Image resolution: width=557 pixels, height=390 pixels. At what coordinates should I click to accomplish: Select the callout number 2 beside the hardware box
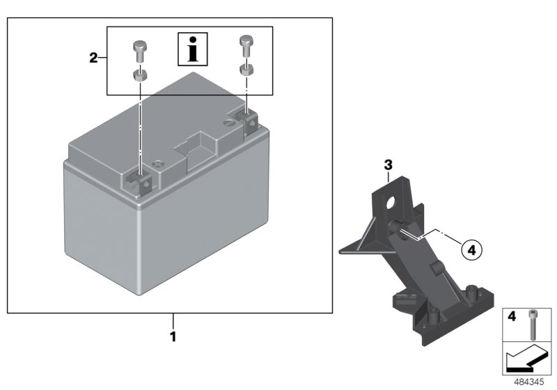pyautogui.click(x=93, y=58)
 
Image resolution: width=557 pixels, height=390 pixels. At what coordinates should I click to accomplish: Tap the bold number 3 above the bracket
pyautogui.click(x=389, y=165)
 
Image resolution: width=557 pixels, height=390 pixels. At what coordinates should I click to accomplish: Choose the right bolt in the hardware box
pyautogui.click(x=247, y=45)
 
